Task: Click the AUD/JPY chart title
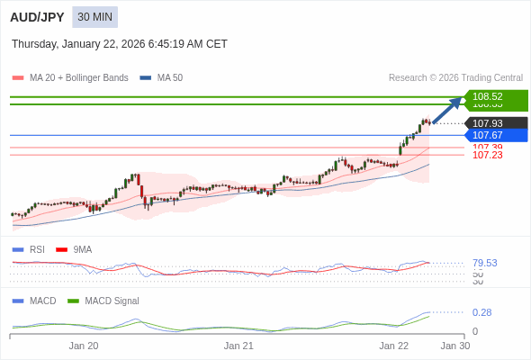coord(37,17)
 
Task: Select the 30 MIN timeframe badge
coord(94,17)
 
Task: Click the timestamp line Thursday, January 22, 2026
coord(120,44)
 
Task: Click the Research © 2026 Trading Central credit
coord(455,78)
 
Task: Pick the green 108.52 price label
coord(496,96)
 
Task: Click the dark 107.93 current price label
coord(496,123)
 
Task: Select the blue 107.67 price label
coord(496,135)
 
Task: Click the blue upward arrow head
coord(457,101)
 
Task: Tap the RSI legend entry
coord(36,249)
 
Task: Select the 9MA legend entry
coord(82,249)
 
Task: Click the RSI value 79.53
coord(484,263)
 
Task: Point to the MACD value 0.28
coord(481,312)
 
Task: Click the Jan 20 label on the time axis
coord(84,346)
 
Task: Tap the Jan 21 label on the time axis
coord(238,346)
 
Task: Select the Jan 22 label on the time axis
coord(393,346)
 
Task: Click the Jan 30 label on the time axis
coord(454,346)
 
